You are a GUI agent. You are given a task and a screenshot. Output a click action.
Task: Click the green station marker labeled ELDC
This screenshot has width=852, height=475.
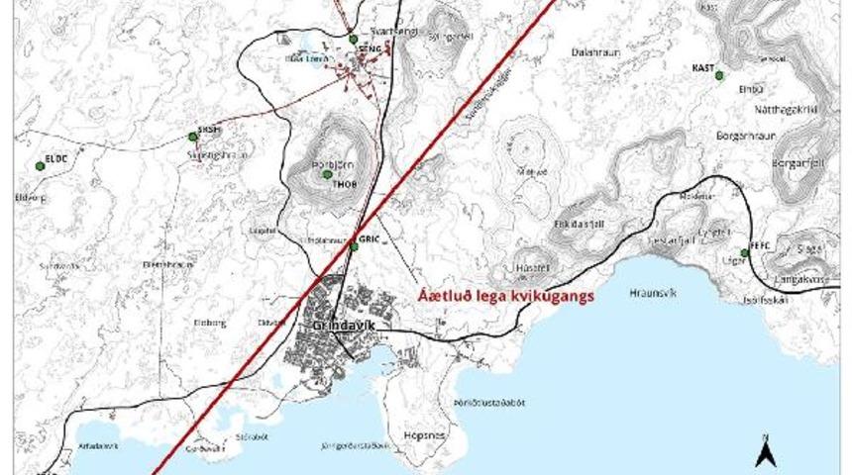coord(40,165)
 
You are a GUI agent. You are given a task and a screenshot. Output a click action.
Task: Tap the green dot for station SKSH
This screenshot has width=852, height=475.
coord(192,137)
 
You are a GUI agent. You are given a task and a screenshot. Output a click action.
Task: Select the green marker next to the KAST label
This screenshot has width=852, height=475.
coord(719,75)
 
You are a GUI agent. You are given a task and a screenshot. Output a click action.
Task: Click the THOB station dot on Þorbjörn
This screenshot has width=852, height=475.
coord(327,174)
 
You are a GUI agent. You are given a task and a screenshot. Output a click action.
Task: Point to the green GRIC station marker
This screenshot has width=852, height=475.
coord(354,246)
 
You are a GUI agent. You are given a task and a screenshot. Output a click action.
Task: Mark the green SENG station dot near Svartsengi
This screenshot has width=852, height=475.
coord(353,40)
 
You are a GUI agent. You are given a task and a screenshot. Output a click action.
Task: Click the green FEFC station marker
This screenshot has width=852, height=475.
coord(744,253)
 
